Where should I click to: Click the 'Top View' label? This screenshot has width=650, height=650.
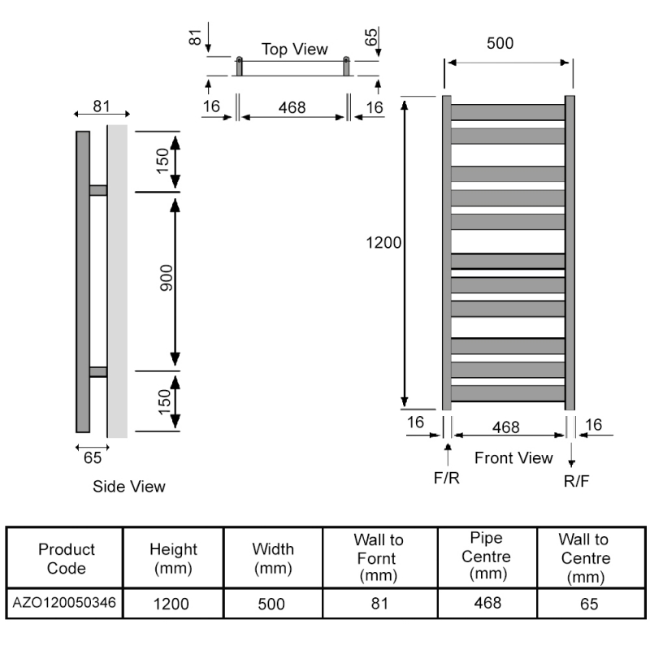click(294, 49)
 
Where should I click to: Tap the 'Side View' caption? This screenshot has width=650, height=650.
click(128, 487)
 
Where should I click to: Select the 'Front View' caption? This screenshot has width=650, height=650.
click(513, 458)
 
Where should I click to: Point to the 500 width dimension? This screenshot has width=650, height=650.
click(500, 44)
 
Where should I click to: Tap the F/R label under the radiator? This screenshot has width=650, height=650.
click(446, 478)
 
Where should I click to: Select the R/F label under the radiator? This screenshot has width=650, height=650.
click(576, 480)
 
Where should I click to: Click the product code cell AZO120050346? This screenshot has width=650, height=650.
click(65, 603)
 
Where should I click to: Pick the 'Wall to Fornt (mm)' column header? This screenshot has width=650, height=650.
click(379, 557)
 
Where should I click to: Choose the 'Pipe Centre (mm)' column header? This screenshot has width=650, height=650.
click(486, 557)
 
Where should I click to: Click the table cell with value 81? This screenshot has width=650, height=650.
click(379, 604)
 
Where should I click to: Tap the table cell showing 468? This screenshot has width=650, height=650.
click(486, 603)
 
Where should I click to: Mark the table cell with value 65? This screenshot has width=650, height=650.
click(591, 604)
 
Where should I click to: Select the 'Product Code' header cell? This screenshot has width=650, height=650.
click(66, 558)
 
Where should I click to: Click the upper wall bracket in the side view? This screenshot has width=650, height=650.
click(98, 190)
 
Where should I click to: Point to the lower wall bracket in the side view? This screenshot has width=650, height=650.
click(98, 372)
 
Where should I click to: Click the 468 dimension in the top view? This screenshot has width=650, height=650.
click(292, 107)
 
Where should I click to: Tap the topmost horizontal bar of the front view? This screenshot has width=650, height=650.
click(508, 111)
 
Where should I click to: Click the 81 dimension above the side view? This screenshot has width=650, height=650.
click(101, 106)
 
